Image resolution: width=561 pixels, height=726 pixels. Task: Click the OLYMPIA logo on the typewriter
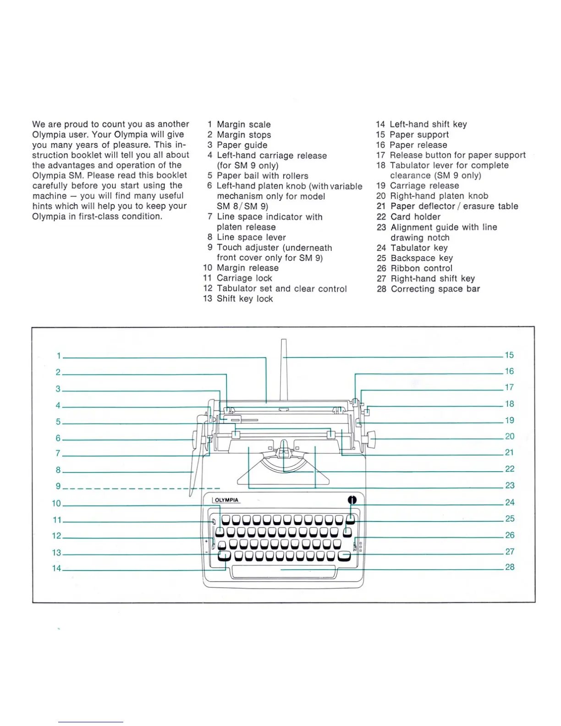227,500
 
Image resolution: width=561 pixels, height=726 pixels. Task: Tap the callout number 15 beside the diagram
509,355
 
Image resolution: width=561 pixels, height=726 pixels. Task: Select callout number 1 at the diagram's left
59,356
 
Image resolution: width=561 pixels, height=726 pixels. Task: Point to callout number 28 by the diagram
510,567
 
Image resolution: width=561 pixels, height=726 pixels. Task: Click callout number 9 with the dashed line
58,486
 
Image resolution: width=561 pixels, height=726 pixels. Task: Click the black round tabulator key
352,500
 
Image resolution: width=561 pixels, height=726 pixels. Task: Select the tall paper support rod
284,371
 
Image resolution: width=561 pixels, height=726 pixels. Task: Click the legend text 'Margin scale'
243,125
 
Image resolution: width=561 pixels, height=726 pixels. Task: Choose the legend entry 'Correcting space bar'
435,289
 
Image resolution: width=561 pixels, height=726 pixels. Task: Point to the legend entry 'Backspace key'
421,258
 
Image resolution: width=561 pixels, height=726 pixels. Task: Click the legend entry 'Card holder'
415,217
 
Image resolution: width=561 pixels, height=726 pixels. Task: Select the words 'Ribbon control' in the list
421,269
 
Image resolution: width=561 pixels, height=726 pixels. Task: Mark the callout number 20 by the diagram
510,436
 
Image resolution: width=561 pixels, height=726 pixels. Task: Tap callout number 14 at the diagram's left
56,568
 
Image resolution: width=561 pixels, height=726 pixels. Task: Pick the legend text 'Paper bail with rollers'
262,176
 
